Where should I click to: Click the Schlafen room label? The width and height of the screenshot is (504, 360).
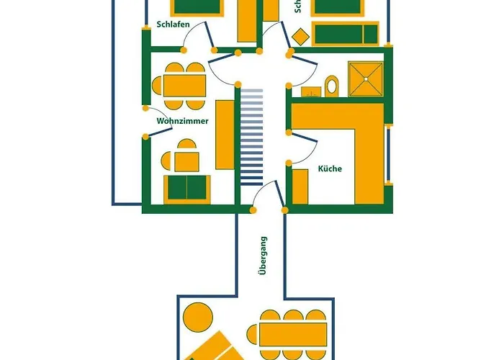click(173, 24)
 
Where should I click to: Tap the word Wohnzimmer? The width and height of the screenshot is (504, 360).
click(183, 121)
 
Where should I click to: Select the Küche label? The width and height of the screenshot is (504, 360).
click(330, 169)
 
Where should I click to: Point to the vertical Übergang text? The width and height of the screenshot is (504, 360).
click(264, 256)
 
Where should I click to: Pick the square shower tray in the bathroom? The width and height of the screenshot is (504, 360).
click(367, 78)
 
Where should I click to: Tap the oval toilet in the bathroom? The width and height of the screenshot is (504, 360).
click(332, 86)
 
